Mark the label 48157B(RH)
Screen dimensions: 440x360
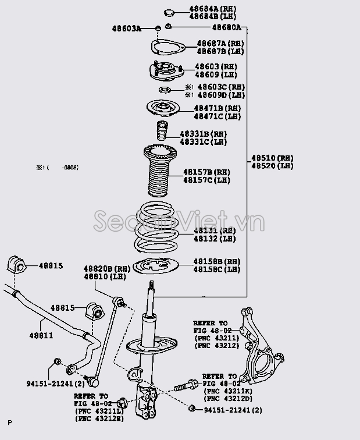coord(206,172)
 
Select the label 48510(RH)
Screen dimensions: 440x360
coord(272,158)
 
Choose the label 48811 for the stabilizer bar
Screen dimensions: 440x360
coord(41,336)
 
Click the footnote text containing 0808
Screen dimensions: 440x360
coord(58,168)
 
